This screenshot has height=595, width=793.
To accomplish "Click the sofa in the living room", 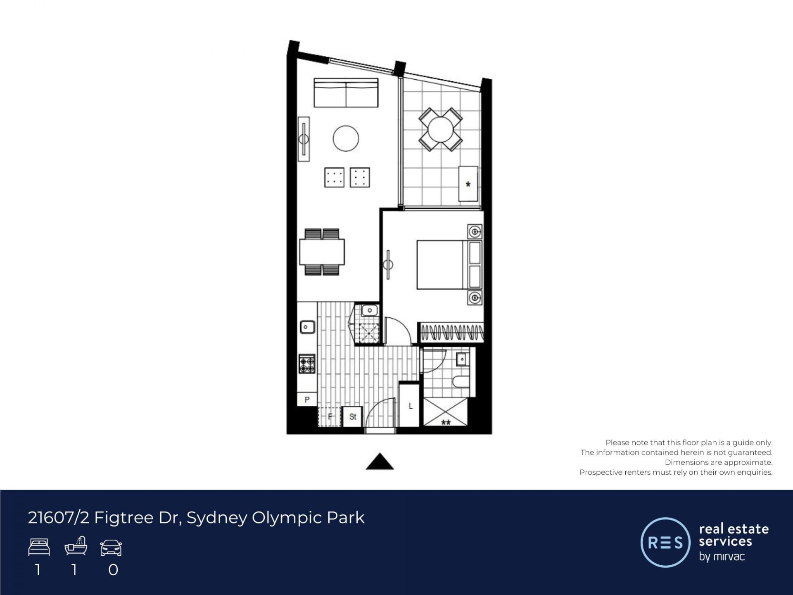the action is click(x=346, y=93).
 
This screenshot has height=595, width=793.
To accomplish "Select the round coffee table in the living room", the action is click(x=346, y=138).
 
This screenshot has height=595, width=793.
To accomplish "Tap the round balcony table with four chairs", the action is click(x=440, y=130).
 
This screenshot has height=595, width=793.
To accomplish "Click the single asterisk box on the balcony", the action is click(x=468, y=184).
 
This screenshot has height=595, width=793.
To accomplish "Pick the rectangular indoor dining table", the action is click(x=322, y=252).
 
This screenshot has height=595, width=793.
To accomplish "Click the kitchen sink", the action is click(x=307, y=327).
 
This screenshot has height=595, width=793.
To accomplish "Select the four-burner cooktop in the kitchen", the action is click(x=307, y=364).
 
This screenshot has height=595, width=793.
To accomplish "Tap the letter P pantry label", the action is click(x=307, y=400).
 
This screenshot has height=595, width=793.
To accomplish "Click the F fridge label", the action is click(x=330, y=416).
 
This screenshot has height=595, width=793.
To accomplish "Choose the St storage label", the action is click(x=353, y=416).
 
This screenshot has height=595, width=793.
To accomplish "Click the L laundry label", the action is click(x=411, y=406).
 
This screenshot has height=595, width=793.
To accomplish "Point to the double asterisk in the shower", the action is click(x=446, y=422).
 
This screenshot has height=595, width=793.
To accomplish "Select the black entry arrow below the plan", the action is click(x=380, y=462).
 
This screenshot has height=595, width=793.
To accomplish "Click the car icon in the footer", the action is click(x=111, y=547).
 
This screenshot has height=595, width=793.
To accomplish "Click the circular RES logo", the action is click(x=665, y=542).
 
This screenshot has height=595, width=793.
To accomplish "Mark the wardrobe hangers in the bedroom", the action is click(x=451, y=332).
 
